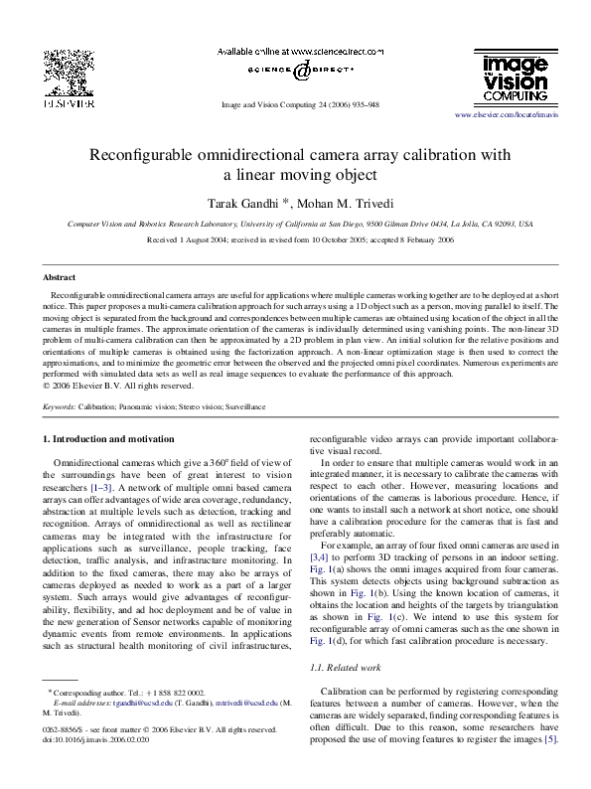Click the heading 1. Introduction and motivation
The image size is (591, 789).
pyautogui.click(x=109, y=438)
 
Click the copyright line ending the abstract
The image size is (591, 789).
pyautogui.click(x=118, y=386)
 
